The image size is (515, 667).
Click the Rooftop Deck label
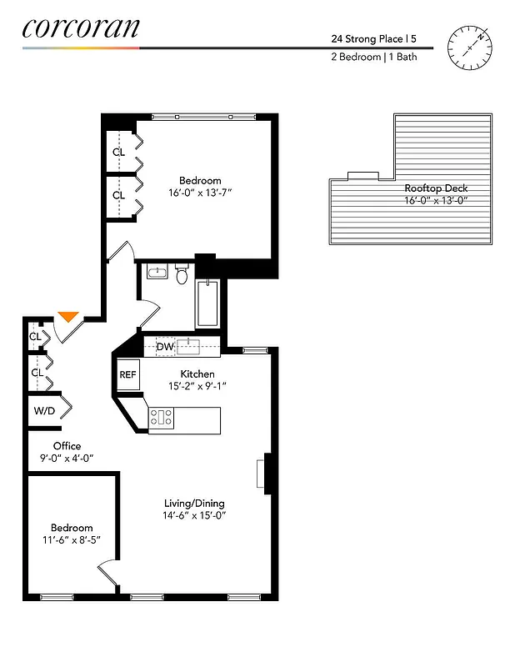click(436, 188)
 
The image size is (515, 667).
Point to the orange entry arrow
click(68, 317)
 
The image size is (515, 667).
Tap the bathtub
click(207, 305)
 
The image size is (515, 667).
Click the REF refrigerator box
click(127, 375)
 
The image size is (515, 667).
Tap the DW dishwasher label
click(165, 346)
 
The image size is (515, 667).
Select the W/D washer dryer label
click(44, 411)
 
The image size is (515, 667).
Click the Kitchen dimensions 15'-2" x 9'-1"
click(197, 386)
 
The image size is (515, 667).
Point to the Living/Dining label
click(194, 504)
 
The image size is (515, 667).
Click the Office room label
click(67, 446)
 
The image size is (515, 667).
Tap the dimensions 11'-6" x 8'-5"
click(72, 540)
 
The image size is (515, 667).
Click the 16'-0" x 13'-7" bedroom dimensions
click(200, 193)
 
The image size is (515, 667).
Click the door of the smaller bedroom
click(108, 574)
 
